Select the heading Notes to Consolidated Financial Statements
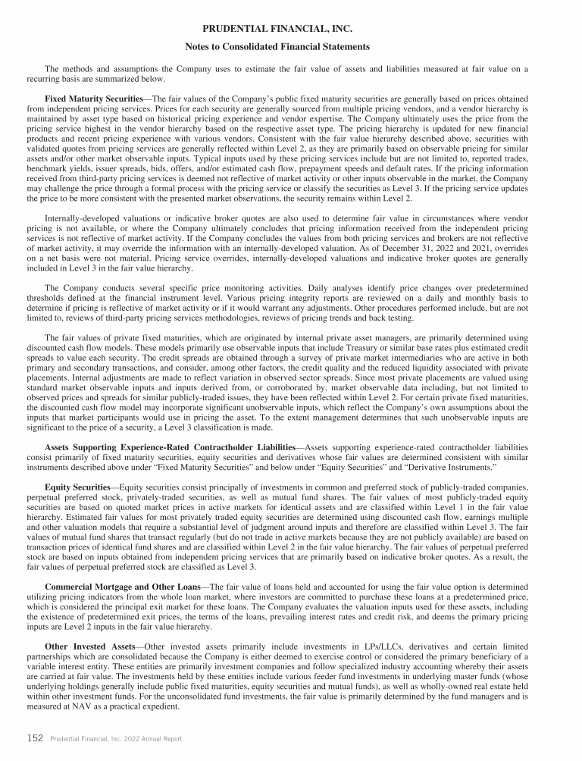[277, 47]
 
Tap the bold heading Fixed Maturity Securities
[93, 99]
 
